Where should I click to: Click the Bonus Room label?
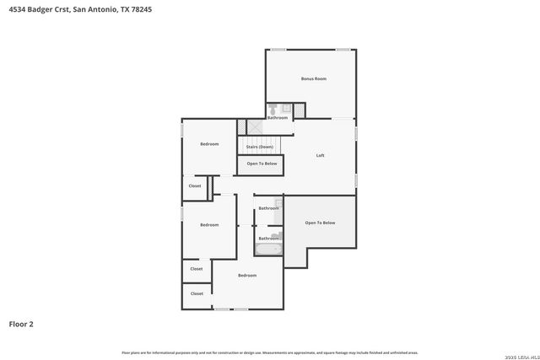313,78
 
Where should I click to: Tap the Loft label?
320,155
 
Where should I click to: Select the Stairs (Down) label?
259,147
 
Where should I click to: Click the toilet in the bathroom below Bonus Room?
273,109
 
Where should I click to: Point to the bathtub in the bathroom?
269,250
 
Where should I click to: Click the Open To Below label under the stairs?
262,164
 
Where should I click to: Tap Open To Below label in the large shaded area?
320,223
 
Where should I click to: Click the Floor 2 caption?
21,323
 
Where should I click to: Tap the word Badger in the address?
42,9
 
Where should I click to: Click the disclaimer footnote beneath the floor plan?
269,352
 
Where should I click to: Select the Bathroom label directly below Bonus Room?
278,118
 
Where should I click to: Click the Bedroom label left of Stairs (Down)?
209,144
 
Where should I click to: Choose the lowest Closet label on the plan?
197,293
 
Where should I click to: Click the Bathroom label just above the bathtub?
268,238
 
